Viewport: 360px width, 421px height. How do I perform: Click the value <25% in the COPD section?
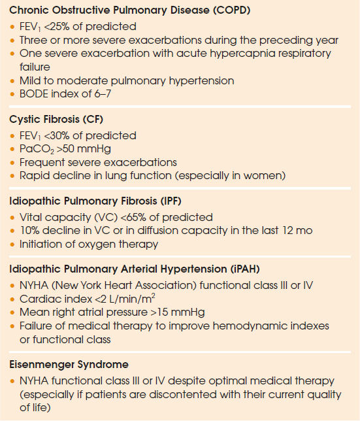69,27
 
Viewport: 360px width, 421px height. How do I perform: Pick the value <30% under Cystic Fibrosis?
69,135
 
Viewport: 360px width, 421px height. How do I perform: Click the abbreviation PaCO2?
35,149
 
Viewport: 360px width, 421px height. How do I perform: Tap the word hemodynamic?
260,326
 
